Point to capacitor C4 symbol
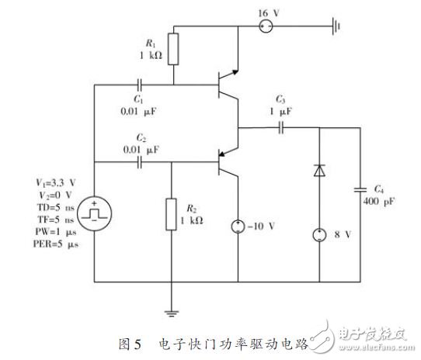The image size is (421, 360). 359,189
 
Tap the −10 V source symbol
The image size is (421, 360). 237,228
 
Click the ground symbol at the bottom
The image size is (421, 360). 171,313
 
